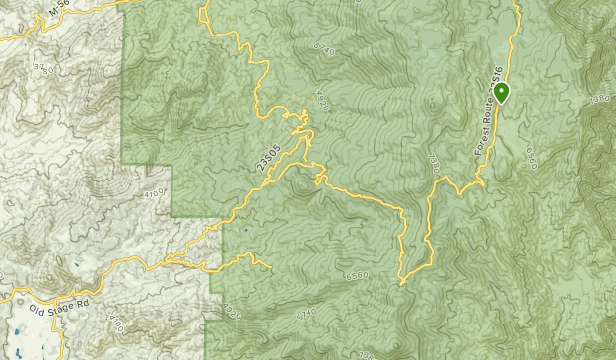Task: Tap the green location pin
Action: point(502,93)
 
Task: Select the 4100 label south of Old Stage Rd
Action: point(116,323)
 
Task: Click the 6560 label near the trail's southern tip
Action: point(356,275)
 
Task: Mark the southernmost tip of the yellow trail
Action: point(401,283)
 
